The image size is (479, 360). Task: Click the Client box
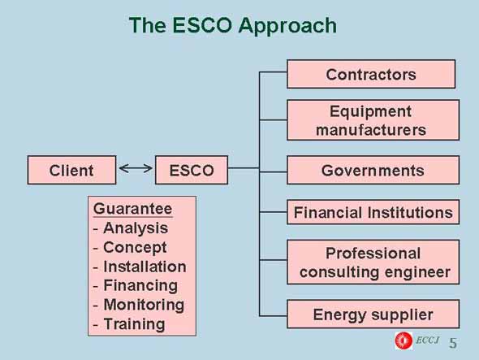pos(71,170)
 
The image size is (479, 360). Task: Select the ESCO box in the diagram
pos(192,170)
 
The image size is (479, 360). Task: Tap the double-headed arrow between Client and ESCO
pos(136,168)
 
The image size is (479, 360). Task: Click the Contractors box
pos(371,74)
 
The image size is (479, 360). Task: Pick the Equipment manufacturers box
pos(373,120)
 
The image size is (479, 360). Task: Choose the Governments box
pos(373,170)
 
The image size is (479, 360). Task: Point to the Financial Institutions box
pos(373,212)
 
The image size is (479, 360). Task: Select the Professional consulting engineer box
pos(373,262)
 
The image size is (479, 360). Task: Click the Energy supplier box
pos(373,314)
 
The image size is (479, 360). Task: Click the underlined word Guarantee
pos(133,209)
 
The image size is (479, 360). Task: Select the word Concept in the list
pos(135,248)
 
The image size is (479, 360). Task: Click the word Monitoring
pos(144,306)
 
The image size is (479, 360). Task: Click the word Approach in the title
pos(287,26)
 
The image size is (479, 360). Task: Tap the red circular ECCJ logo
pos(403,340)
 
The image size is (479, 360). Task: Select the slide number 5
pos(453,343)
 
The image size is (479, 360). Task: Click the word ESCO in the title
pos(202,24)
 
